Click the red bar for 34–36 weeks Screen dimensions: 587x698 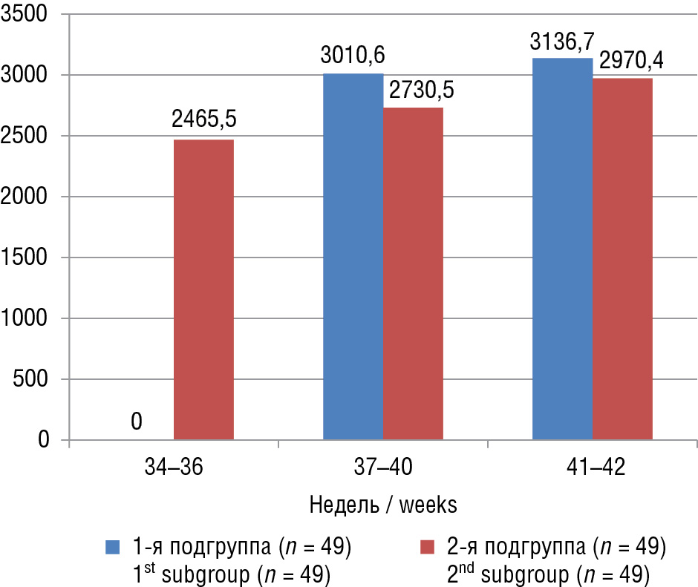(x=203, y=290)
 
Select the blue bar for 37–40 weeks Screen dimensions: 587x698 (x=353, y=257)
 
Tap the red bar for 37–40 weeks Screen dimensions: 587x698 (x=413, y=274)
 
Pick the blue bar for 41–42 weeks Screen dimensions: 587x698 (x=562, y=249)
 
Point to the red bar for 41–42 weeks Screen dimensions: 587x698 (x=622, y=259)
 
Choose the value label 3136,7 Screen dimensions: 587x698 (x=562, y=41)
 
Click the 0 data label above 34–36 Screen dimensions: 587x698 (x=137, y=422)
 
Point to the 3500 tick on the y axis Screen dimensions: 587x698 (x=25, y=14)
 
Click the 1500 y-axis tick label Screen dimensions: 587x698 (x=25, y=258)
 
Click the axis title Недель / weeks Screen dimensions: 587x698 (x=382, y=505)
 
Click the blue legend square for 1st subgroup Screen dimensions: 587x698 (x=113, y=548)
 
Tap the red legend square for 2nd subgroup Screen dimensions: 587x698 (x=427, y=548)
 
